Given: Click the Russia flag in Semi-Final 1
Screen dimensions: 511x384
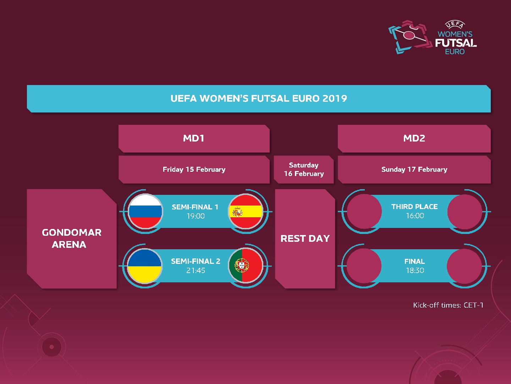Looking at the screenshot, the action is (x=145, y=211).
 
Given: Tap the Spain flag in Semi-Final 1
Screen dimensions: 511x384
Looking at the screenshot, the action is (x=245, y=211).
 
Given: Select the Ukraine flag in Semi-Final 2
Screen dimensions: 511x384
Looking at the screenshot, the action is (x=144, y=266).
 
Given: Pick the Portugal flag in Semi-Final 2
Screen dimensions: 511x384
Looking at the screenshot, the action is (x=245, y=266).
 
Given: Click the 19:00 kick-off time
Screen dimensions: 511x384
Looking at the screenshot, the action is (x=196, y=216).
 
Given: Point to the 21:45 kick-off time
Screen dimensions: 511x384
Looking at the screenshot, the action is (x=196, y=271).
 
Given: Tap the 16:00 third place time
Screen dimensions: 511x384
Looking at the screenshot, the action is (x=415, y=216).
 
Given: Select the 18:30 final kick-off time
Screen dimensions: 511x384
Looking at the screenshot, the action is (x=415, y=271).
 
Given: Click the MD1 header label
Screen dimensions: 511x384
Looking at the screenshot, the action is (x=194, y=138).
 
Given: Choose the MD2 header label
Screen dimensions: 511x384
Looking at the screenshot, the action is (x=414, y=138).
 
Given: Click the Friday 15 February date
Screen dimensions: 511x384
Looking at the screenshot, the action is (x=194, y=170).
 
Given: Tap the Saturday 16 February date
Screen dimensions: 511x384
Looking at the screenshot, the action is (x=304, y=169).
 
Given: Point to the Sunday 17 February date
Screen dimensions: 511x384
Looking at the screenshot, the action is (x=414, y=170).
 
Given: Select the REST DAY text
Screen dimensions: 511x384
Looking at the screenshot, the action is (x=305, y=239).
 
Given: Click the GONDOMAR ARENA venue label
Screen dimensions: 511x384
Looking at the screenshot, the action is (x=71, y=239).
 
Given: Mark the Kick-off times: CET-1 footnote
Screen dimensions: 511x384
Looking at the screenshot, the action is (x=448, y=305).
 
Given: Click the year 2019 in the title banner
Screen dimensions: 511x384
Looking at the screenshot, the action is (x=335, y=98).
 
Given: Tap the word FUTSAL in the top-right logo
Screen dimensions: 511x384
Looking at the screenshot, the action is (x=456, y=43).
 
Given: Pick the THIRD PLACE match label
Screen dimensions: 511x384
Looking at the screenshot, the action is (x=414, y=207).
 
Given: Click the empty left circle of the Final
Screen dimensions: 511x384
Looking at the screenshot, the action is (x=364, y=266).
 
